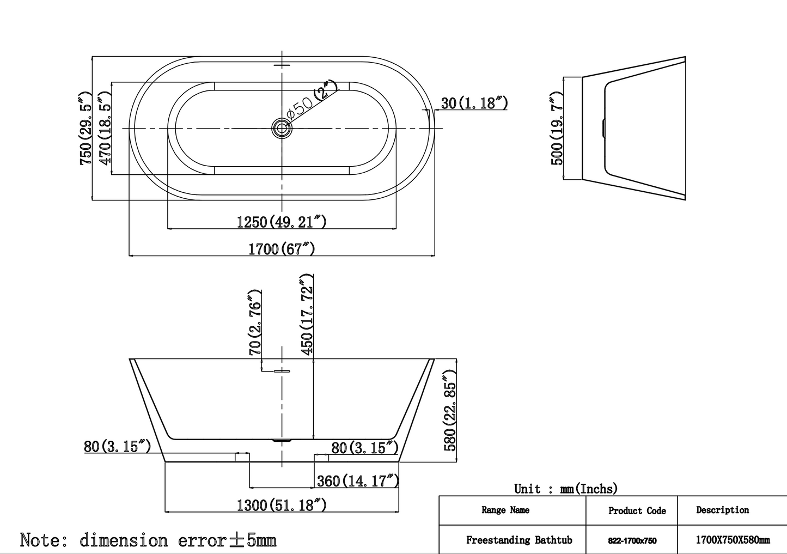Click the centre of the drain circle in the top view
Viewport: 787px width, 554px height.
click(x=282, y=128)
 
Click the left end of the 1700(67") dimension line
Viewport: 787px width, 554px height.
click(x=129, y=255)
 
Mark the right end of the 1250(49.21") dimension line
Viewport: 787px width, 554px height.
click(x=396, y=229)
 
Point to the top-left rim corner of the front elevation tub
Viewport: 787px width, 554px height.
click(x=129, y=358)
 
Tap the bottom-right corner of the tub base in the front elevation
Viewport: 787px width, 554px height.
click(x=399, y=462)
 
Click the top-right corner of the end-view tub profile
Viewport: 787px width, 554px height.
click(x=686, y=57)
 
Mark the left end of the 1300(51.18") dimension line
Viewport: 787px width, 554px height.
click(x=165, y=512)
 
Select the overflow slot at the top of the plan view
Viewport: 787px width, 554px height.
click(x=282, y=65)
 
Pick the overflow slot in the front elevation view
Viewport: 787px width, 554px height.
click(x=282, y=371)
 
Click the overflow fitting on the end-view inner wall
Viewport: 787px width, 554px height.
click(x=603, y=128)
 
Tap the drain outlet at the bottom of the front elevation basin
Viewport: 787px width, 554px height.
click(x=282, y=440)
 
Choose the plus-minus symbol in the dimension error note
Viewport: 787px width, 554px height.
click(x=236, y=540)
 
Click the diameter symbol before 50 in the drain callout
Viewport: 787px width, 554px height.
click(x=291, y=114)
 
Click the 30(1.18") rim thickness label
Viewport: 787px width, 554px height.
click(x=474, y=104)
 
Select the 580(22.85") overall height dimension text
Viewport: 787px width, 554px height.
click(x=450, y=410)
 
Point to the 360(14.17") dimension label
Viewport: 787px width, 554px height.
click(x=358, y=481)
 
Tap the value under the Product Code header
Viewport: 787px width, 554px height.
click(x=632, y=540)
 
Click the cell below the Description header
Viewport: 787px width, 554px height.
click(x=733, y=540)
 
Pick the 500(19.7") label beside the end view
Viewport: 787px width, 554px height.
click(x=557, y=128)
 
